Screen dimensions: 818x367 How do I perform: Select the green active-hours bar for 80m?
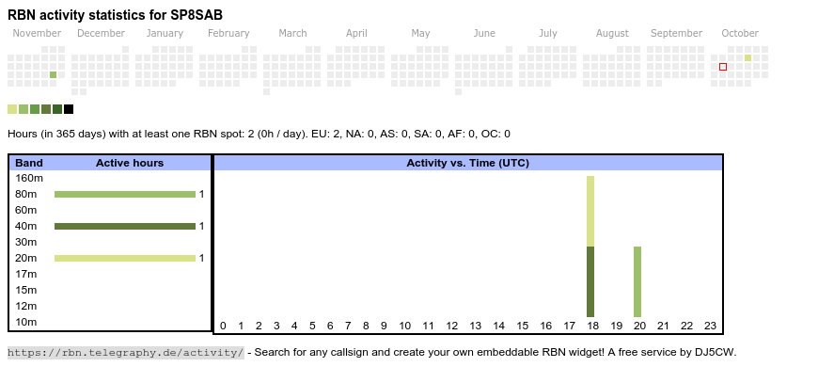point(125,195)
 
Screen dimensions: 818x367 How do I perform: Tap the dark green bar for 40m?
point(125,227)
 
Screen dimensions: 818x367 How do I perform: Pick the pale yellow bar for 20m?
point(125,259)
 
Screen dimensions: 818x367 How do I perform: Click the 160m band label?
point(29,179)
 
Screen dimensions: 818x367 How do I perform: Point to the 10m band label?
point(26,322)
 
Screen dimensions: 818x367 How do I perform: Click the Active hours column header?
point(130,164)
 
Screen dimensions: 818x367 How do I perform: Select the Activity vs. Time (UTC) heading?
point(468,164)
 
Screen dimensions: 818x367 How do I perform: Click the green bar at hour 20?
point(637,282)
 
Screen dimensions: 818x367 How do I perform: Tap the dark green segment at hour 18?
point(590,282)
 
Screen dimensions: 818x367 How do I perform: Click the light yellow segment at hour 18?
point(590,212)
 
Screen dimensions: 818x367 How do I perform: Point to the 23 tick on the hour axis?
point(710,327)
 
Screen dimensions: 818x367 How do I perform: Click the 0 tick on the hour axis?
point(223,327)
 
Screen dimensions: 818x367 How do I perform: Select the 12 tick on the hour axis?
point(451,327)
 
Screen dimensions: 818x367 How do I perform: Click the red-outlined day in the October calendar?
point(723,67)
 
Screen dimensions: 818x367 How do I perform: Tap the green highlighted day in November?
point(54,75)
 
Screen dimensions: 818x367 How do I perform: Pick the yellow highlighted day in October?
point(748,58)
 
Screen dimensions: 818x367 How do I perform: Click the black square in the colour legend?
point(69,109)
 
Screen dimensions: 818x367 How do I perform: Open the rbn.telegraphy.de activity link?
point(126,352)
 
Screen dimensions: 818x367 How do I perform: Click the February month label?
point(228,34)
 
